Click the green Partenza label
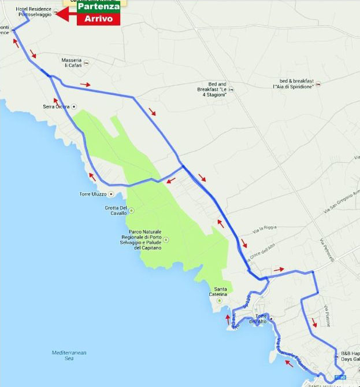click(x=99, y=7)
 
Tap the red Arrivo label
click(x=99, y=19)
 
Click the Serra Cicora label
click(x=56, y=106)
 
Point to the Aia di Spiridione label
click(x=296, y=83)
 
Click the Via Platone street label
click(x=327, y=315)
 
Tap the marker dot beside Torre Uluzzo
click(x=110, y=194)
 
